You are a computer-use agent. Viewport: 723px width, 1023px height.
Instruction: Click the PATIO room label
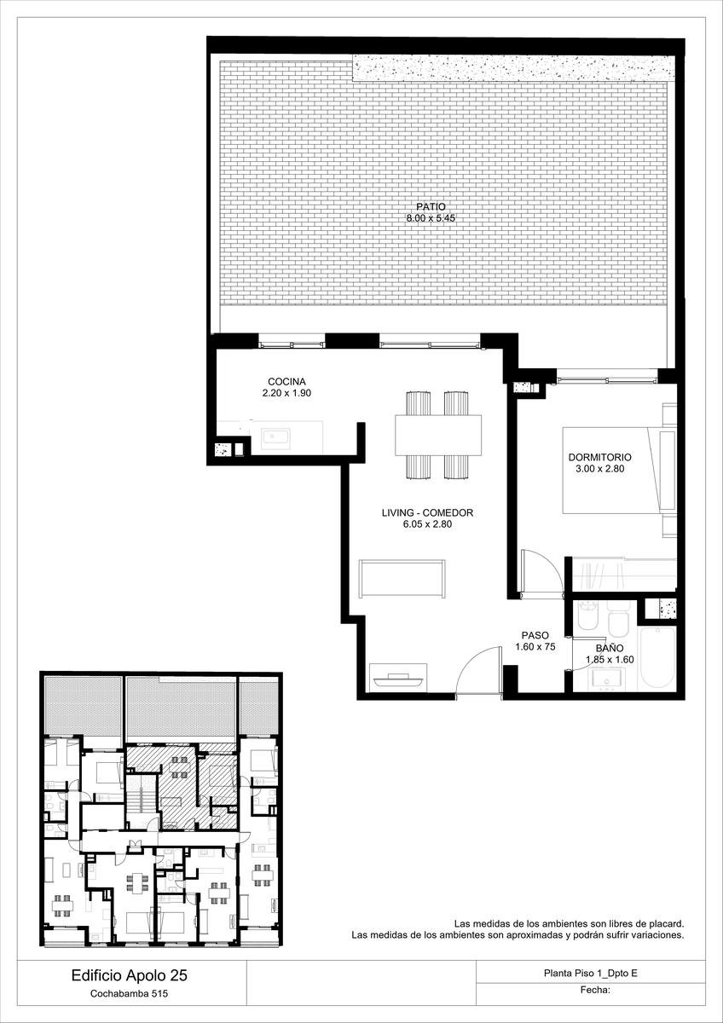[x=431, y=207]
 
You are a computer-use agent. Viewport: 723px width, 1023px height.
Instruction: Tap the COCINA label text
[x=286, y=381]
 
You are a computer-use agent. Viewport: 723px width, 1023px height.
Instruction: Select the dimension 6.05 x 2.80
[x=427, y=524]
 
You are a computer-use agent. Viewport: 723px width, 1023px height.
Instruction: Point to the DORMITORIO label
[x=599, y=457]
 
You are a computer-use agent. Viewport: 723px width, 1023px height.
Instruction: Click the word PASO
[x=535, y=635]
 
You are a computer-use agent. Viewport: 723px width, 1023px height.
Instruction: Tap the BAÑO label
[x=610, y=648]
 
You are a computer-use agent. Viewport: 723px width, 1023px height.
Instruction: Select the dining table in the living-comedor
[x=438, y=435]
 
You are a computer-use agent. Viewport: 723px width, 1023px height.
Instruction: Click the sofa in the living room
[x=402, y=578]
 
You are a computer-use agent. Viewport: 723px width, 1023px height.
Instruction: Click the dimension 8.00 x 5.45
[x=431, y=218]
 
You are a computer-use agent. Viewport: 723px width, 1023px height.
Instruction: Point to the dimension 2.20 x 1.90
[x=286, y=393]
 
